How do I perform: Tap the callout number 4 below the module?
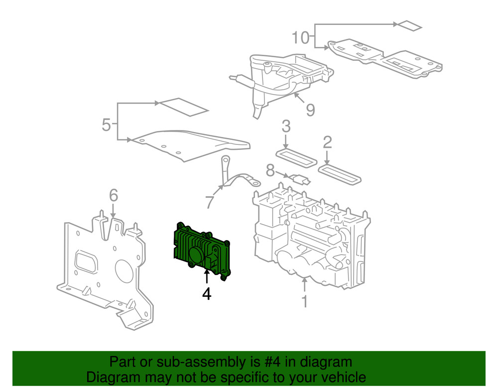coord(206,295)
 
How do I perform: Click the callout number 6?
coord(114,196)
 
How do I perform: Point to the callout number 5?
coord(106,125)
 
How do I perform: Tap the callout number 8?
coord(270,172)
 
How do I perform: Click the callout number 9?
coord(310,110)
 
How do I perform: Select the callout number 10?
coord(300,37)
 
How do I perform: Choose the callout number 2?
coord(327,143)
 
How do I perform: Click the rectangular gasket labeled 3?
coord(296,157)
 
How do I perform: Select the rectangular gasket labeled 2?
coord(340,174)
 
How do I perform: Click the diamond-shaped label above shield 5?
coord(182,106)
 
